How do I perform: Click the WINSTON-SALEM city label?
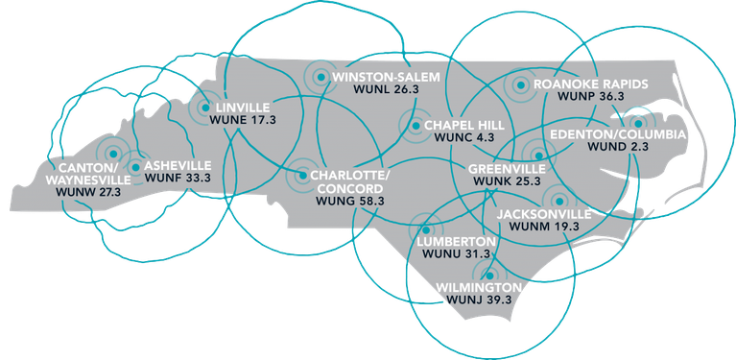point(385,76)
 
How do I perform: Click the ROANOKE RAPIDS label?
point(591,84)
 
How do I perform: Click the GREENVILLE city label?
point(505,167)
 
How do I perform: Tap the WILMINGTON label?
point(480,287)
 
